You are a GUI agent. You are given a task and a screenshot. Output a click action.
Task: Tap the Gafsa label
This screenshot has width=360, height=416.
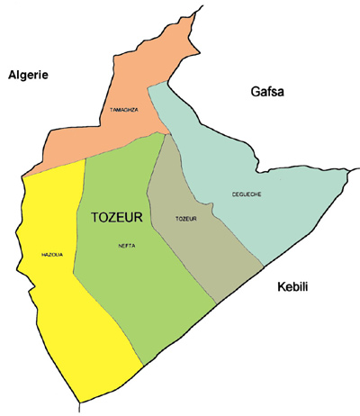click(x=270, y=91)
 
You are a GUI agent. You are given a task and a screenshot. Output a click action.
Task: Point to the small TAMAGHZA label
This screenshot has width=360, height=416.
click(x=123, y=111)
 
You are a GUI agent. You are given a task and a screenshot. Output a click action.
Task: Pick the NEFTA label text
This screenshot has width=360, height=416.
click(x=127, y=245)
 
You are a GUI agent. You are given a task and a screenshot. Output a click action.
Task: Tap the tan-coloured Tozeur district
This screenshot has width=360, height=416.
click(x=202, y=248)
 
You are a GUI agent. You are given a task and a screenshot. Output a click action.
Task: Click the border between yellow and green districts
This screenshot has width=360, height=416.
click(x=78, y=261)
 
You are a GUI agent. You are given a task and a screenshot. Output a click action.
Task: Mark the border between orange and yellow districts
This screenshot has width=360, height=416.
click(x=54, y=168)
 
